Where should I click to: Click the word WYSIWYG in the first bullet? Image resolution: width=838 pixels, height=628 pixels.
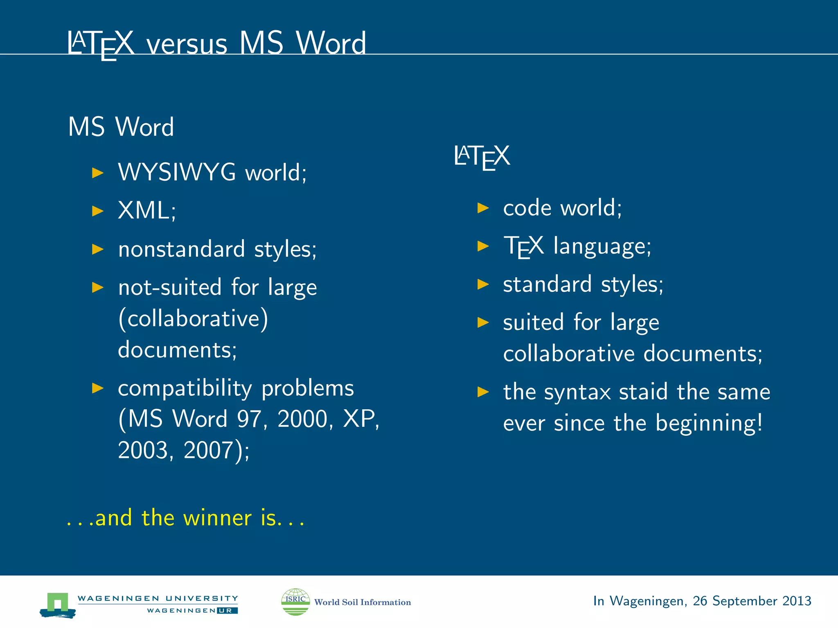177,172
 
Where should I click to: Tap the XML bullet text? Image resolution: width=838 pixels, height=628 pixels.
146,211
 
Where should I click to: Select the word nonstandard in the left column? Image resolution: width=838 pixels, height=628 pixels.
181,249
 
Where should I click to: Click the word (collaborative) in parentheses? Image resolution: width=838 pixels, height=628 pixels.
193,318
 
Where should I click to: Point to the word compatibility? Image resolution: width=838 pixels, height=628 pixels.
185,388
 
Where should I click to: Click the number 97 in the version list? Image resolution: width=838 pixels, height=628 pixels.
251,419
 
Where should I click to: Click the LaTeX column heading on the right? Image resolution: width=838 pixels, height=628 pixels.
482,157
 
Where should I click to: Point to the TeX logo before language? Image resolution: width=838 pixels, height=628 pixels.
523,246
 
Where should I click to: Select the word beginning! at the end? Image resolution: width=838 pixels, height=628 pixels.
709,423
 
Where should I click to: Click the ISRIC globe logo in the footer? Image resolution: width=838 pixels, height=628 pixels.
295,601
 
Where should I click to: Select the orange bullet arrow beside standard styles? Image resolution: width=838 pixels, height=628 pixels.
483,284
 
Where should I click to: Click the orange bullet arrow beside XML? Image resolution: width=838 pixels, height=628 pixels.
98,211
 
